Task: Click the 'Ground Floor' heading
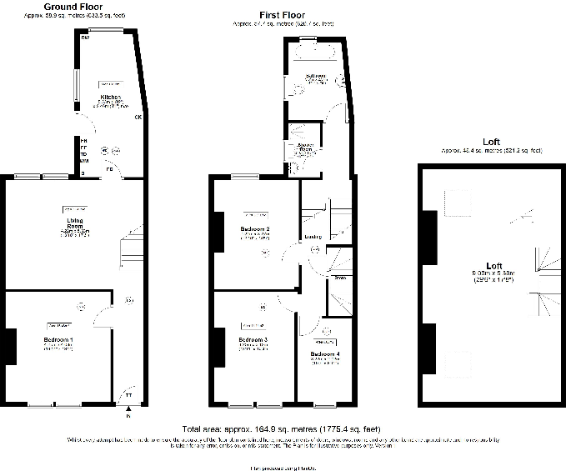(x=73, y=6)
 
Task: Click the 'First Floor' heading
(x=282, y=15)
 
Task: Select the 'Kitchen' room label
(x=111, y=98)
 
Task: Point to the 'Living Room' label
(x=74, y=223)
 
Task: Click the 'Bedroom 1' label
(x=58, y=340)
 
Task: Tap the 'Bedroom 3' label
(x=253, y=340)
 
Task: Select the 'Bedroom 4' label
(x=325, y=354)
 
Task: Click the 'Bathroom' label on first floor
(x=316, y=76)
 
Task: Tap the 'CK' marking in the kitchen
(x=138, y=117)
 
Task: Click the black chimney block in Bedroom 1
(x=11, y=347)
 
